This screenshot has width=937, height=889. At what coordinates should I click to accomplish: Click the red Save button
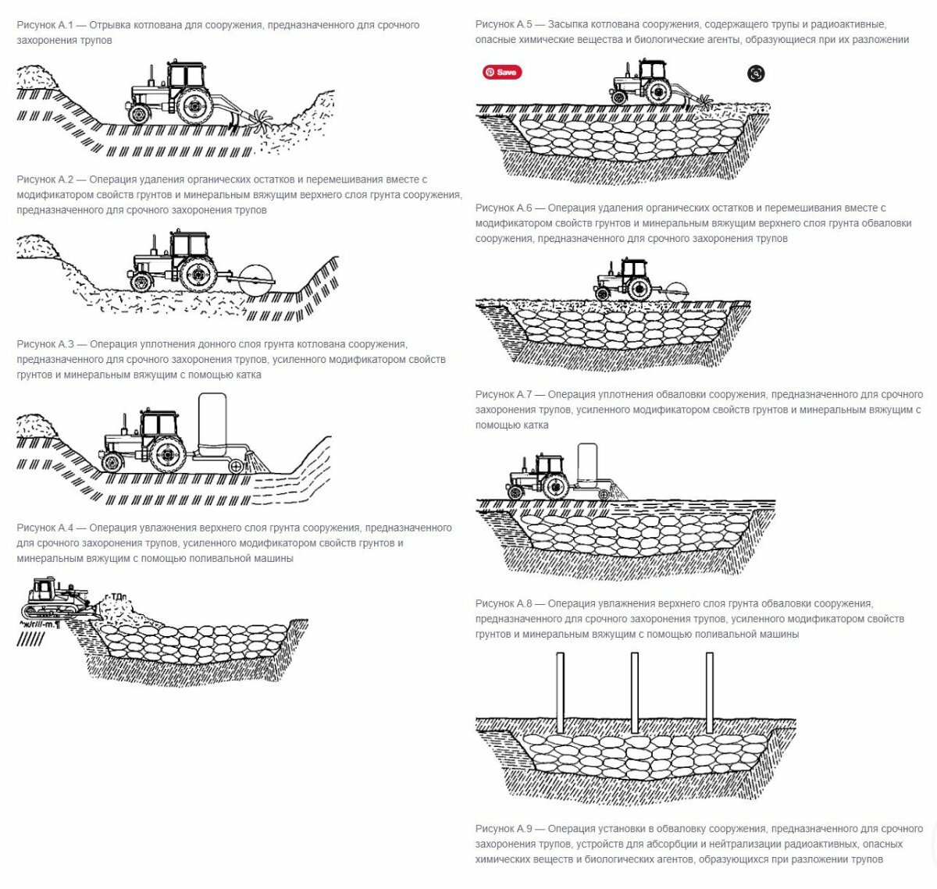tap(502, 73)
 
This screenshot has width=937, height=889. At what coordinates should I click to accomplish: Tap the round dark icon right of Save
tap(756, 73)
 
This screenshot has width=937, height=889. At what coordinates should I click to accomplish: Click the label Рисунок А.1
tap(45, 25)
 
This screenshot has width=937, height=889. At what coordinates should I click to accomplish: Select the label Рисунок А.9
tap(504, 829)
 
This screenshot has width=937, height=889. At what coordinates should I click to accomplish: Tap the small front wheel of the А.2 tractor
tap(141, 282)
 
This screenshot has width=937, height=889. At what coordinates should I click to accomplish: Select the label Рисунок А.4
tap(45, 528)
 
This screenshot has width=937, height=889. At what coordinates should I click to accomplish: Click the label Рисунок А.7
tap(504, 395)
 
